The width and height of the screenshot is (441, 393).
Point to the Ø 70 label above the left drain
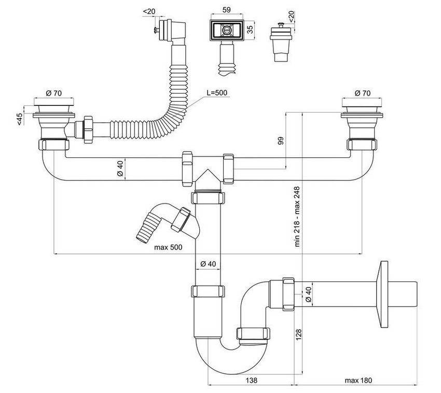(x=54, y=93)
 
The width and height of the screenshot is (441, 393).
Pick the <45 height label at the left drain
(x=19, y=118)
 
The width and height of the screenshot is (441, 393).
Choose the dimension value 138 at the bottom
(x=251, y=381)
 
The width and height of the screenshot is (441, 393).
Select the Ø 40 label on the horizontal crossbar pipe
(x=120, y=169)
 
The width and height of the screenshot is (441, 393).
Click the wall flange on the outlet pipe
(x=383, y=294)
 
